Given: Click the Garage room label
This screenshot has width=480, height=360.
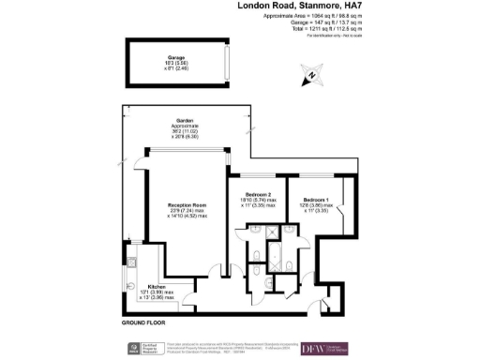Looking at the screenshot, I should click(175, 57).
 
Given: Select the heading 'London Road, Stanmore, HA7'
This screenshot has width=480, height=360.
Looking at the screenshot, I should click(299, 6).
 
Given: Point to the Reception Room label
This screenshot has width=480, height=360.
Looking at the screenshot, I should click(187, 204).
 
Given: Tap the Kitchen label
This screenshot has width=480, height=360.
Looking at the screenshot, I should click(156, 288).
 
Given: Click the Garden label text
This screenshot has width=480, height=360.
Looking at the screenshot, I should click(185, 121).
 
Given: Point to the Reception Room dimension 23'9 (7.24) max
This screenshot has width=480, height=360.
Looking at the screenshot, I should click(187, 211).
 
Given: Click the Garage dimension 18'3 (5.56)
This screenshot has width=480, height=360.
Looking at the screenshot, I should click(175, 63).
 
